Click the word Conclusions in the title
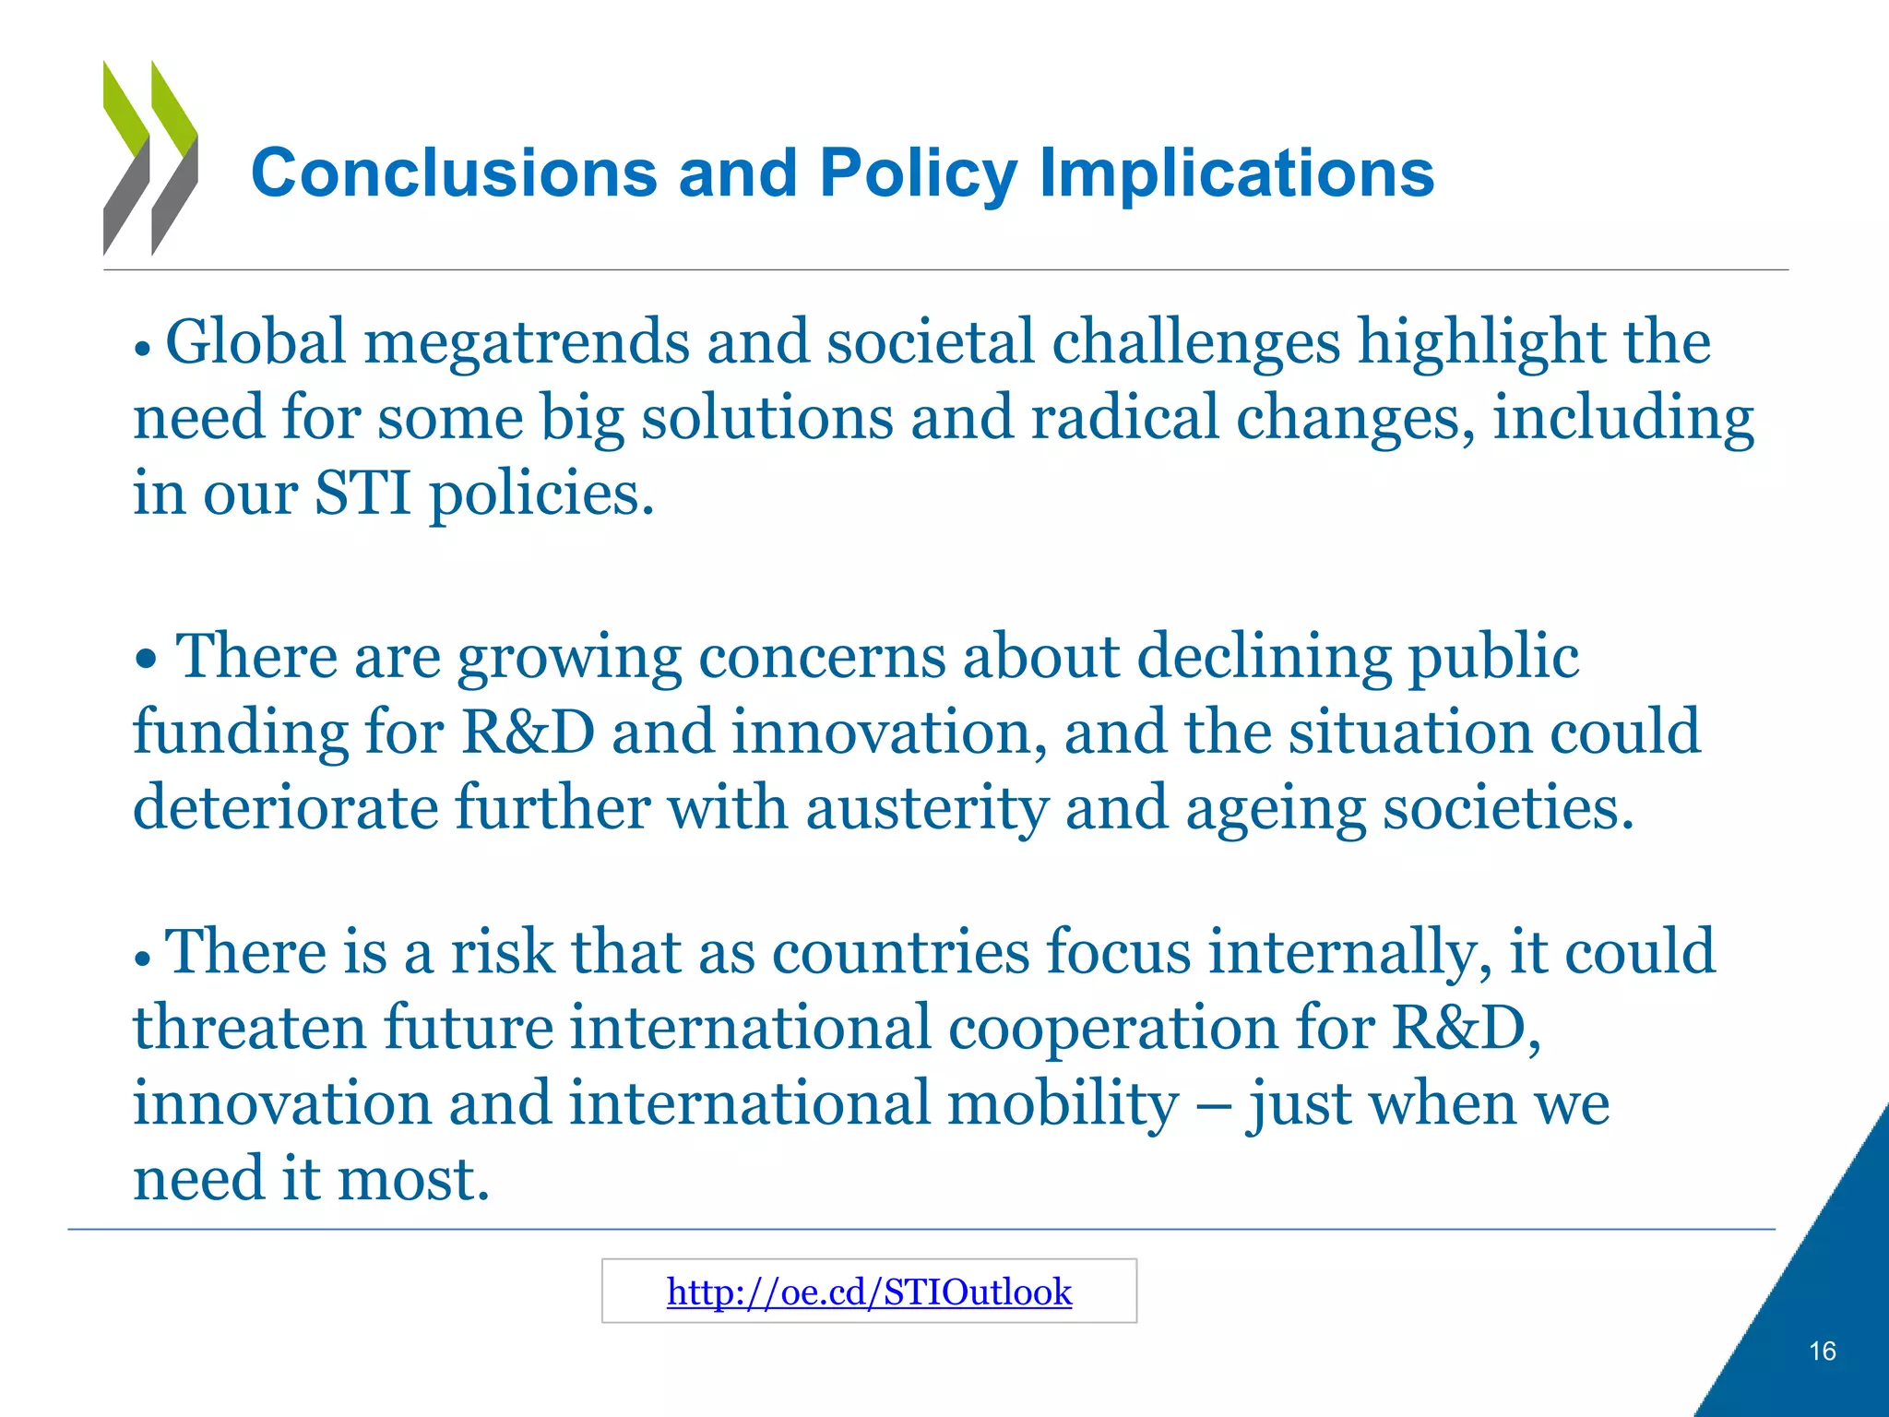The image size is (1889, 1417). (454, 173)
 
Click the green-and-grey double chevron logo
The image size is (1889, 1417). (150, 158)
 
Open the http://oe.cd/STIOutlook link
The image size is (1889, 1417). (869, 1292)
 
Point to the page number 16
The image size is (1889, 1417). (1822, 1352)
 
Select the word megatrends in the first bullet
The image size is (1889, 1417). (527, 343)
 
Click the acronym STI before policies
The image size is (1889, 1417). (362, 494)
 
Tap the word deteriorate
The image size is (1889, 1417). (285, 808)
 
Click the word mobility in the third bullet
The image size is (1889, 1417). (1063, 1104)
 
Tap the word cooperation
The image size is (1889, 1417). (1112, 1028)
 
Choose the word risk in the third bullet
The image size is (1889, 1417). (502, 952)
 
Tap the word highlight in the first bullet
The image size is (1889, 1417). (1481, 343)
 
